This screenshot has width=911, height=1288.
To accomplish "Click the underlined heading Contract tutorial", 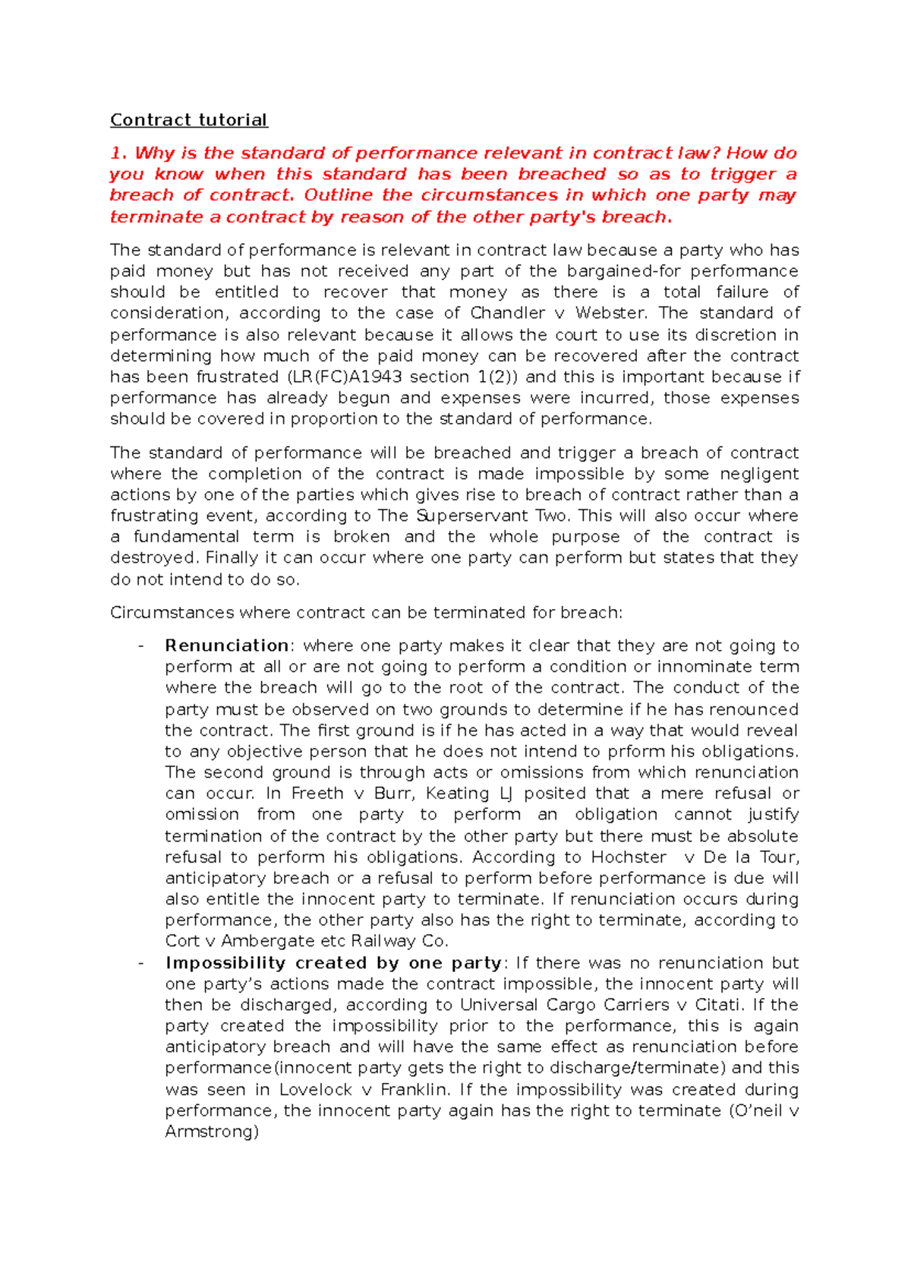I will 188,120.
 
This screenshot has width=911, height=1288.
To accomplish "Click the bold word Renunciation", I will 226,646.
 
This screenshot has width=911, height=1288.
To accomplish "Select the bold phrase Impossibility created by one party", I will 333,963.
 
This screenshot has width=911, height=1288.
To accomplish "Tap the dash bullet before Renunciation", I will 140,646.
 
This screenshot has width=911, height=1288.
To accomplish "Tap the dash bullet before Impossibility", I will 140,963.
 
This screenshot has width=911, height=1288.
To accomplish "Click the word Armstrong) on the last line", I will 212,1132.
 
